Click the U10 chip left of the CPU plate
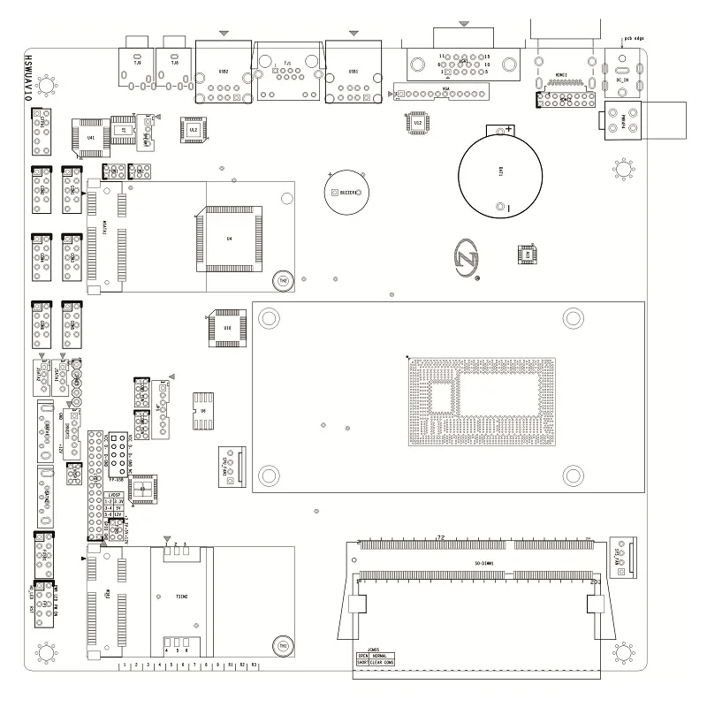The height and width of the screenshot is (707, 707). (226, 328)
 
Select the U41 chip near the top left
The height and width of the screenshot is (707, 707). (91, 137)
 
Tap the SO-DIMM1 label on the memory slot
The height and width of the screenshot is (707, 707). (483, 563)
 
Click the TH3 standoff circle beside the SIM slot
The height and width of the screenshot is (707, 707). (283, 646)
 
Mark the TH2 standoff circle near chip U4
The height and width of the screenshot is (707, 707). (283, 279)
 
